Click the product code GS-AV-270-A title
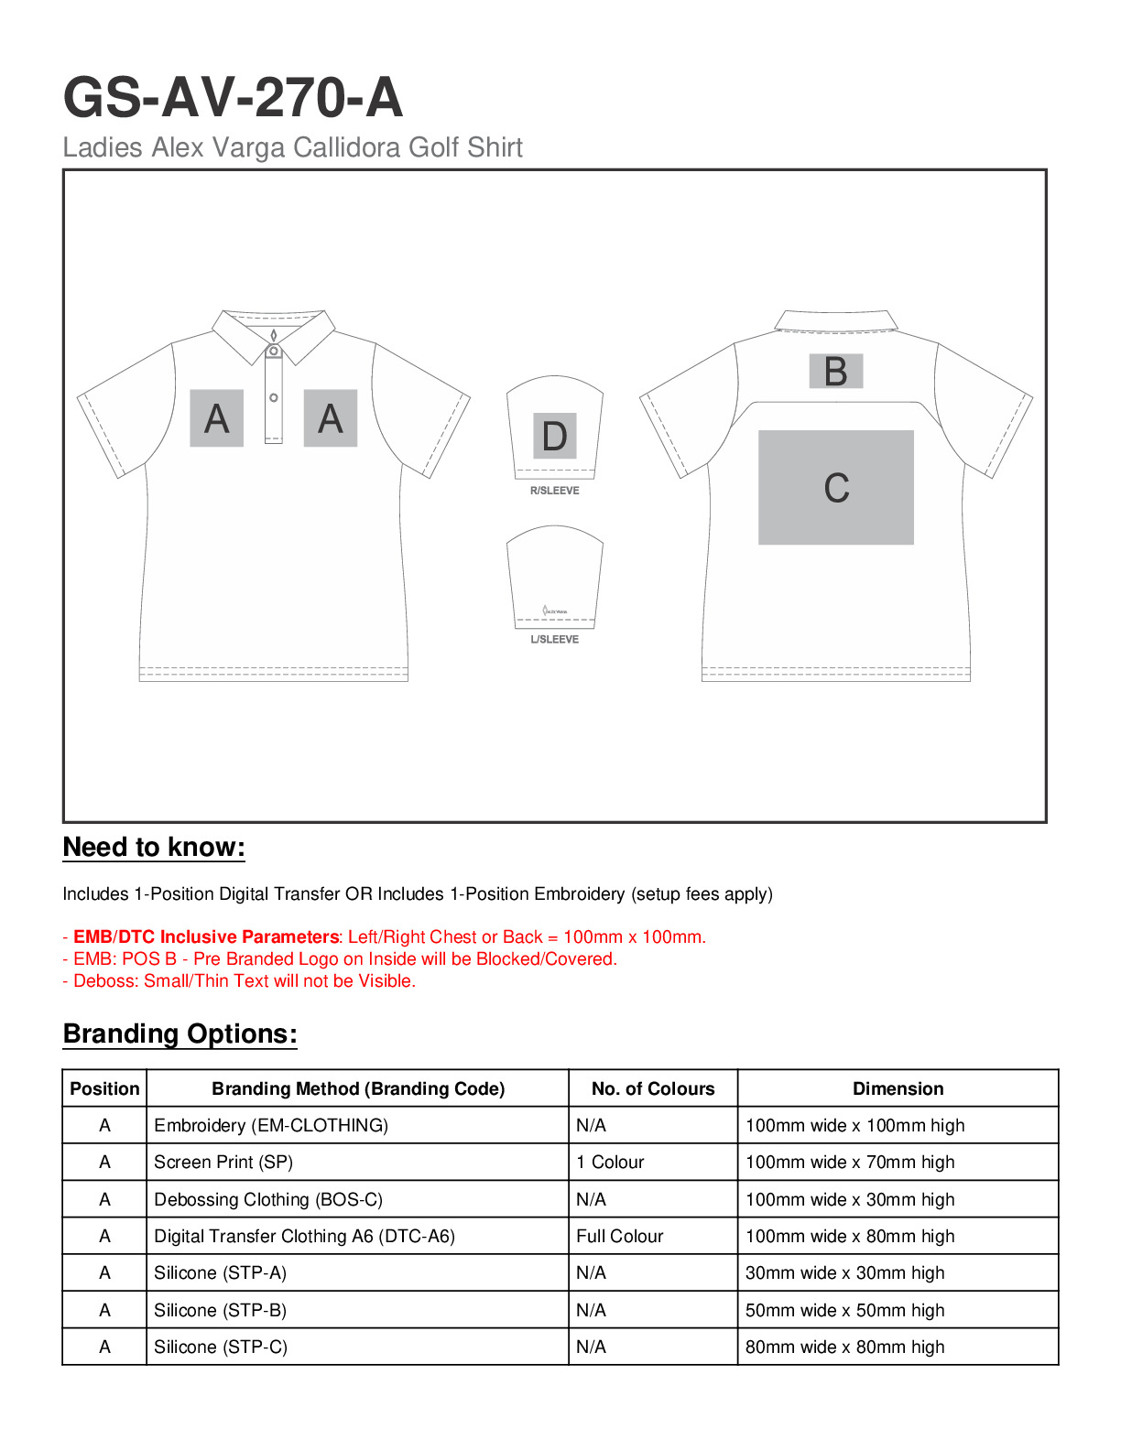[233, 98]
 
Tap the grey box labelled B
[835, 372]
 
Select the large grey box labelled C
[835, 487]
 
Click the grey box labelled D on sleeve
[555, 436]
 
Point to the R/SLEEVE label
[555, 491]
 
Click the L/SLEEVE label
[555, 639]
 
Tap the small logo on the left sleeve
[554, 611]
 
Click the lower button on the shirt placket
[274, 397]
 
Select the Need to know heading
[154, 848]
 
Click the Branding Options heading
[180, 1034]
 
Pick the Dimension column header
[898, 1088]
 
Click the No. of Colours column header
[652, 1088]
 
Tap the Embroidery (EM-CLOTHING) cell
[271, 1125]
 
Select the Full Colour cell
[619, 1236]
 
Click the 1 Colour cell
[610, 1162]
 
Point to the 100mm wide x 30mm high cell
[850, 1199]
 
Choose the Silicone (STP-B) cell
[220, 1310]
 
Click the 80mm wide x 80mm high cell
[844, 1347]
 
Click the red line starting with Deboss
[239, 981]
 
